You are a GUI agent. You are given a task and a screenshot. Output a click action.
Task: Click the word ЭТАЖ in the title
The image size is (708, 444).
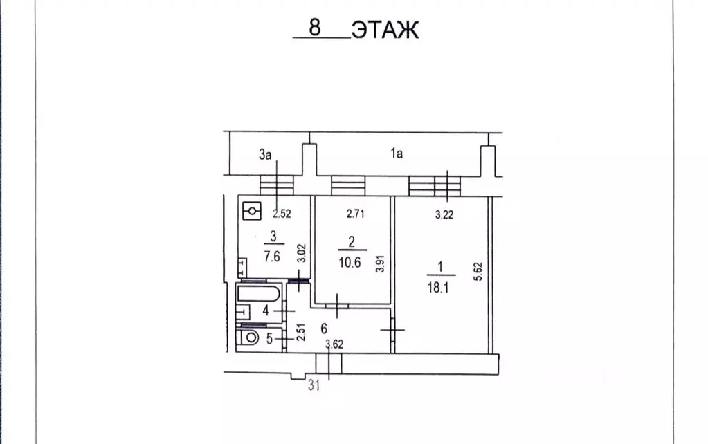pos(385,30)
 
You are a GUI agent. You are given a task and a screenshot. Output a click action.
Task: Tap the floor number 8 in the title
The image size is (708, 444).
pos(315,29)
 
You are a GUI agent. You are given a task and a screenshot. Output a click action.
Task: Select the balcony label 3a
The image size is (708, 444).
pos(264,155)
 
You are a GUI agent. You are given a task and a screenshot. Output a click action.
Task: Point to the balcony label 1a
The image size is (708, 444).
pos(396,155)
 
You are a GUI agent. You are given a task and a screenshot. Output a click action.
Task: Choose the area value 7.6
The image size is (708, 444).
pos(273,255)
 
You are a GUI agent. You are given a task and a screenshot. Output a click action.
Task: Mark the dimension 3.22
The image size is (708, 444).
pos(444,215)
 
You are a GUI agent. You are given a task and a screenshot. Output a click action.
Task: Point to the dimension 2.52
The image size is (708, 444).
pos(281,214)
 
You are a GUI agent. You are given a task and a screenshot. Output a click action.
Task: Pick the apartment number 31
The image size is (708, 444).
pos(314,387)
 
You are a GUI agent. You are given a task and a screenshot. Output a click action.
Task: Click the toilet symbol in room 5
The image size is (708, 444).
pos(248,340)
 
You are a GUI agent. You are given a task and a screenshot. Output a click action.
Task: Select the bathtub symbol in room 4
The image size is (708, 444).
pos(257,295)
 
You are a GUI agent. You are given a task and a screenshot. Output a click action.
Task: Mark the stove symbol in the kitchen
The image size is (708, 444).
pos(253,210)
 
